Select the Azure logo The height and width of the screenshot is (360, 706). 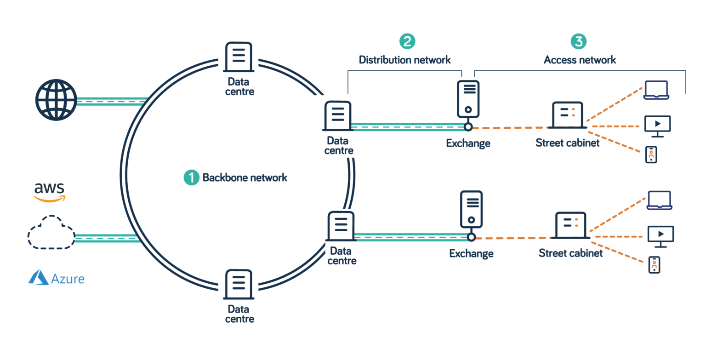click(x=56, y=278)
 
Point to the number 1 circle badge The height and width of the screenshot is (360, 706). click(x=191, y=177)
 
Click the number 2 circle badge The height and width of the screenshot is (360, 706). click(x=407, y=41)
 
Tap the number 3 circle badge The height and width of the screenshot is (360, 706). click(x=579, y=41)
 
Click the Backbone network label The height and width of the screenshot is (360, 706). click(x=245, y=177)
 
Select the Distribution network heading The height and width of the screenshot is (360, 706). click(x=404, y=60)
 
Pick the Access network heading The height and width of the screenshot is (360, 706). click(x=580, y=60)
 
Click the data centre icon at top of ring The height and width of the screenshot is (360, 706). click(x=238, y=57)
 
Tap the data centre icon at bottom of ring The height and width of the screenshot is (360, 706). click(x=238, y=284)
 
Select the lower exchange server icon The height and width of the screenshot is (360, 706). click(x=471, y=210)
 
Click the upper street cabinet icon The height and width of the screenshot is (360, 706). click(x=568, y=115)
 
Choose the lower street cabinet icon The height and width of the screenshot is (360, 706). click(x=570, y=225)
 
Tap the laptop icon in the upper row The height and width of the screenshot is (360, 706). click(x=656, y=90)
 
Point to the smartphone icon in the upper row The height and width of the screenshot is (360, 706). click(x=651, y=155)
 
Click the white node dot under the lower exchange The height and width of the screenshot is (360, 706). click(x=471, y=237)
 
